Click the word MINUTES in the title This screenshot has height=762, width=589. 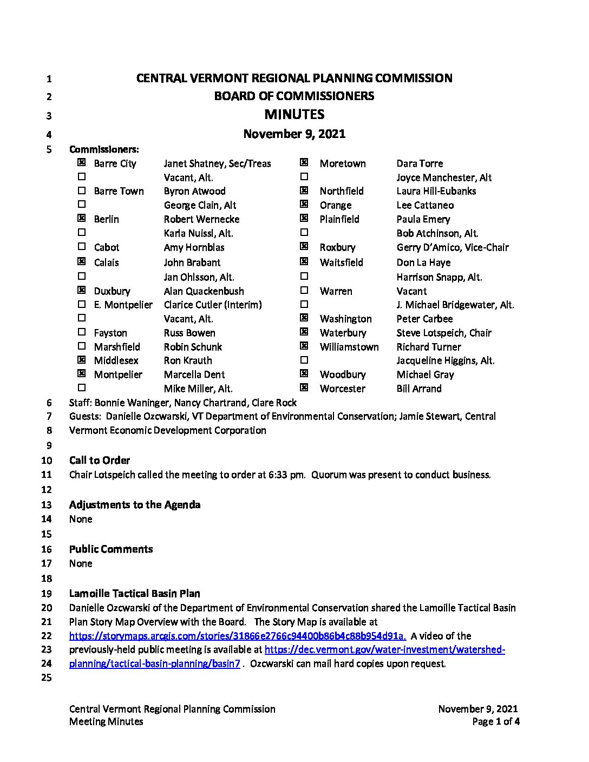click(294, 114)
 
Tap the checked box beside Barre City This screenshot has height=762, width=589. click(82, 162)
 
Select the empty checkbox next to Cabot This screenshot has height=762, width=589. click(82, 246)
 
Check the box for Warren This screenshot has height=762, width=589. click(304, 290)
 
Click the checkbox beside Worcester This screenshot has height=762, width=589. click(304, 387)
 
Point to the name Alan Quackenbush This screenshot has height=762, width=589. click(204, 291)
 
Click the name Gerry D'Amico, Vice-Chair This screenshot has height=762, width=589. click(452, 247)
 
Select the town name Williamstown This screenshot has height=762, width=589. click(349, 347)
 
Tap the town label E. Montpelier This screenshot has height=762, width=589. click(123, 305)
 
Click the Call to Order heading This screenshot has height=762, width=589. click(100, 461)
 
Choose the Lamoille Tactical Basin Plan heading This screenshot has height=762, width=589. click(134, 594)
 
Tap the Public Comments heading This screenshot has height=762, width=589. click(111, 549)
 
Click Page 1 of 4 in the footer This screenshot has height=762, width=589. click(495, 721)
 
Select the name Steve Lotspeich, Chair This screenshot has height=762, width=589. click(443, 333)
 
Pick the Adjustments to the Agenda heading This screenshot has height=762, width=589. click(135, 505)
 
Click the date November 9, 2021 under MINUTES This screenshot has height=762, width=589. click(294, 134)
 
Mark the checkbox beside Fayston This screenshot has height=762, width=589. click(82, 332)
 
